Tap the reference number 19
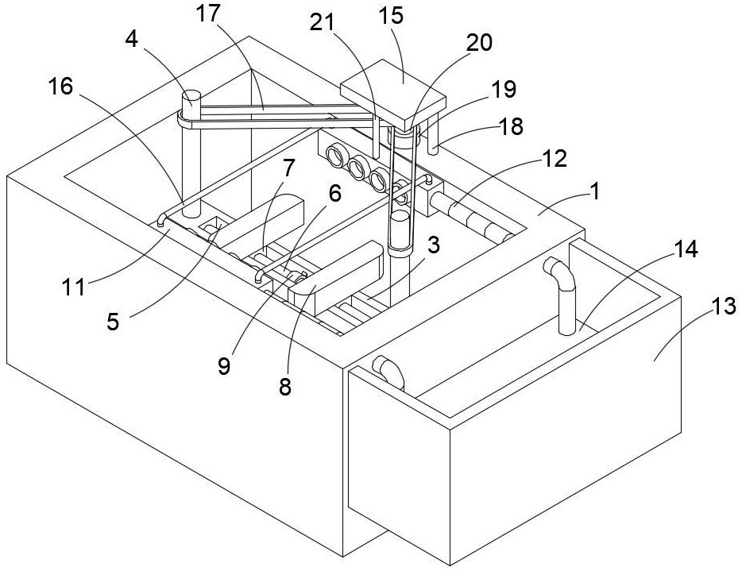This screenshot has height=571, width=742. click(x=504, y=90)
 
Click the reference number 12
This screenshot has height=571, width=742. click(x=557, y=158)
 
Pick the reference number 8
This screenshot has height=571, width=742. click(x=285, y=387)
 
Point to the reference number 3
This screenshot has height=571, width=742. click(x=432, y=245)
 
